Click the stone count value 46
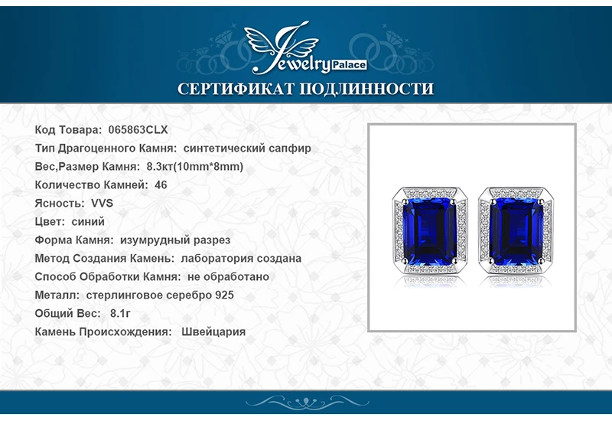tap(161, 184)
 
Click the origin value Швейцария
tap(214, 331)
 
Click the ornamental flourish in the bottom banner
tap(306, 403)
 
